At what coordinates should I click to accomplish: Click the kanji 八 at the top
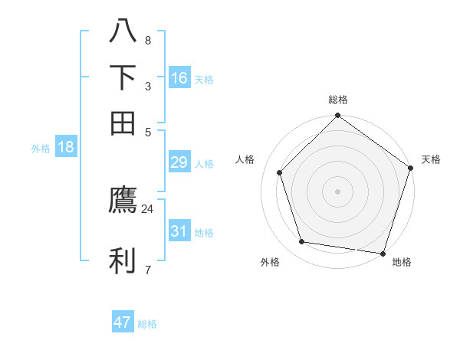pyautogui.click(x=123, y=32)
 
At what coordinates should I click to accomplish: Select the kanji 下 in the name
pyautogui.click(x=123, y=77)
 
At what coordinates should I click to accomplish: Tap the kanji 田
pyautogui.click(x=123, y=123)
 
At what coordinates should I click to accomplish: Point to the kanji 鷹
pyautogui.click(x=123, y=201)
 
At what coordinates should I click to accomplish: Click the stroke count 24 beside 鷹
pyautogui.click(x=147, y=208)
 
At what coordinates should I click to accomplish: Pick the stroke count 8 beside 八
pyautogui.click(x=147, y=40)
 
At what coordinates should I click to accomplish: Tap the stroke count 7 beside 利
pyautogui.click(x=147, y=270)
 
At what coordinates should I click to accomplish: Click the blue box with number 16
pyautogui.click(x=179, y=78)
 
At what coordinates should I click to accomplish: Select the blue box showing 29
pyautogui.click(x=179, y=162)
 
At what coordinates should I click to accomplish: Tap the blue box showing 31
pyautogui.click(x=179, y=231)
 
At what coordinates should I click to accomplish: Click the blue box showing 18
pyautogui.click(x=66, y=147)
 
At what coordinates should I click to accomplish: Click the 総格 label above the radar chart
pyautogui.click(x=338, y=100)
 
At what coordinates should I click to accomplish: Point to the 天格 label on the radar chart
pyautogui.click(x=431, y=159)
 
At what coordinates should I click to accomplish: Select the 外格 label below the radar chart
pyautogui.click(x=270, y=263)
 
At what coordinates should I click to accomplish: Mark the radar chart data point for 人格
pyautogui.click(x=280, y=172)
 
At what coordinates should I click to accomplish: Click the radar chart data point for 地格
pyautogui.click(x=383, y=253)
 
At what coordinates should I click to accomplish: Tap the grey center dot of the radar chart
pyautogui.click(x=338, y=191)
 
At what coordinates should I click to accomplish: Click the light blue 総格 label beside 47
pyautogui.click(x=147, y=324)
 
